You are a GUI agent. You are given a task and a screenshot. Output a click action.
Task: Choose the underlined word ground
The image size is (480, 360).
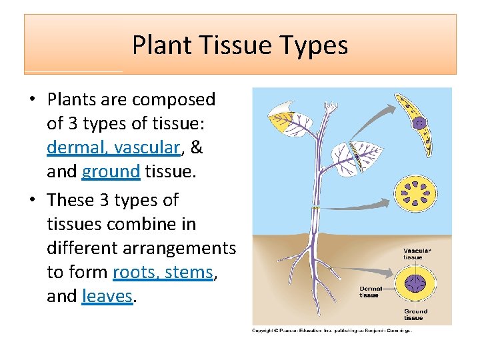[111, 172]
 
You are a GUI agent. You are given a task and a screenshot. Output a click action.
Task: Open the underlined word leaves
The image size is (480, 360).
[107, 296]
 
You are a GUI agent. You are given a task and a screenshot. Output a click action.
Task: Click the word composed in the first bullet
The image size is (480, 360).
[174, 99]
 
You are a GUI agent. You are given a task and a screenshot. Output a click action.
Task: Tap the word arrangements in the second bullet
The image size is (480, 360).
[141, 248]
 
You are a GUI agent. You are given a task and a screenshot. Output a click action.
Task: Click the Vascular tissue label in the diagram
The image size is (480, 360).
[417, 254]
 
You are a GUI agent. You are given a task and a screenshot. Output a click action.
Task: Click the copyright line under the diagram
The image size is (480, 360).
[331, 330]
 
